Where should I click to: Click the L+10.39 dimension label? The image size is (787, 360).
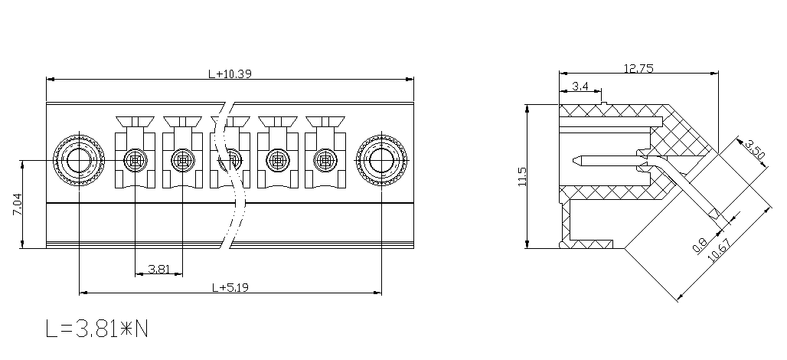(230, 74)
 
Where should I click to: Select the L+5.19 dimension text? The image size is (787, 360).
(230, 288)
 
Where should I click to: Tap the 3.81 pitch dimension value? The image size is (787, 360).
(158, 269)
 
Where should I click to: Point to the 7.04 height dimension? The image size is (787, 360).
(16, 205)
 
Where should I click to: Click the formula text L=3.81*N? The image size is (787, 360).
(97, 329)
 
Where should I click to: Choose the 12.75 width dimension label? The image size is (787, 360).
(638, 68)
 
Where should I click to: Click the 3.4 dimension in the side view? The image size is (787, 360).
(580, 86)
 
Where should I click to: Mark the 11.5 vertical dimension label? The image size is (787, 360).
(522, 177)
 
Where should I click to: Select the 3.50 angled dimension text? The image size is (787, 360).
(755, 149)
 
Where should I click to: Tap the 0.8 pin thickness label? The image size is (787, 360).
(699, 244)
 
